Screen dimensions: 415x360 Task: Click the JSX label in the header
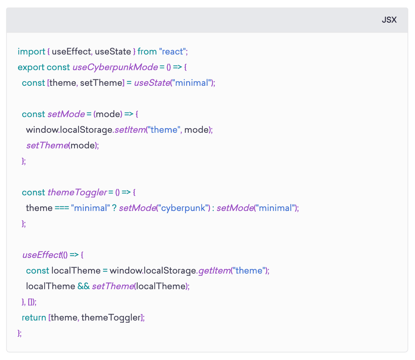point(389,20)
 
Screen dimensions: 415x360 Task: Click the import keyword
point(31,52)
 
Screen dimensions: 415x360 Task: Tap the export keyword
point(31,67)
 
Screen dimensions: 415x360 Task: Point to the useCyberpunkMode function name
point(115,67)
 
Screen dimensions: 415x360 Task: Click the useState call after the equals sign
point(152,83)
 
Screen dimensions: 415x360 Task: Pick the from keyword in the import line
point(147,52)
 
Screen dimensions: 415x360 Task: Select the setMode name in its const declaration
point(66,114)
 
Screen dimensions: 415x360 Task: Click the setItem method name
point(130,130)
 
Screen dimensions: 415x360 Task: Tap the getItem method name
point(214,270)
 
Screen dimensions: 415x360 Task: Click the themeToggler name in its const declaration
point(77,193)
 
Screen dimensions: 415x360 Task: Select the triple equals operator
point(62,208)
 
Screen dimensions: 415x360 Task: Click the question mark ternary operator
point(114,208)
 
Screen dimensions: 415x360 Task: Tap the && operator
point(84,286)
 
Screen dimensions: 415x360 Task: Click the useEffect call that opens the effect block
point(42,255)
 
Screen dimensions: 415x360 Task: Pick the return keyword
point(34,317)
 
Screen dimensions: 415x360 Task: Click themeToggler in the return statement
point(111,318)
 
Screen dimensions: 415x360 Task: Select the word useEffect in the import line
point(71,52)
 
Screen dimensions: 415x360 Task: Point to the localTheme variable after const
point(76,270)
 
